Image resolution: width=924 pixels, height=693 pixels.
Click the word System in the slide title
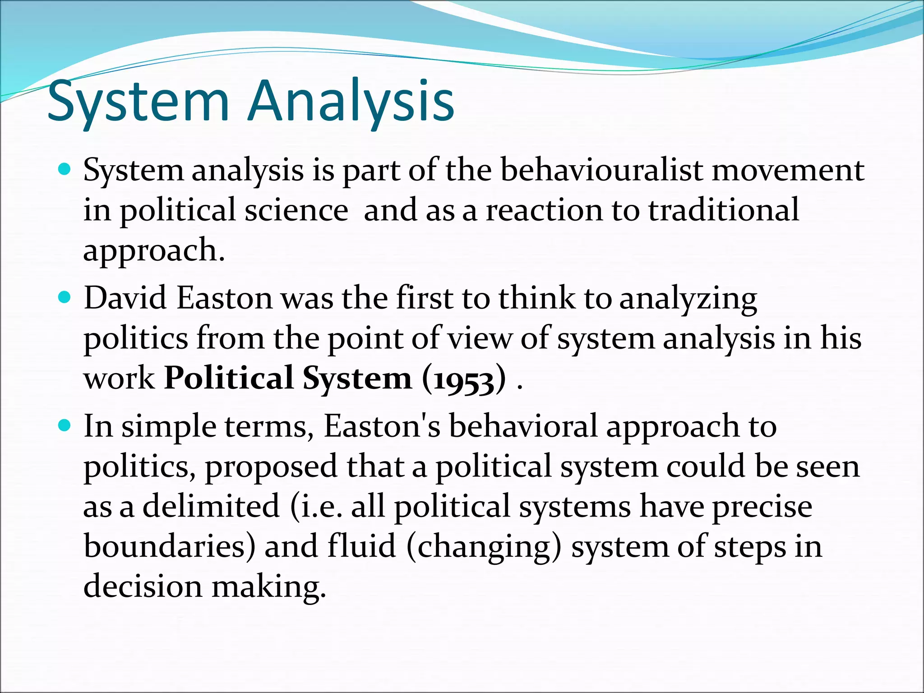pos(138,102)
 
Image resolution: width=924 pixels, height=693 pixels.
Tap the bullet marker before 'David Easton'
pos(65,298)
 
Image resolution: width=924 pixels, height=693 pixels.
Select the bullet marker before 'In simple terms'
pos(65,425)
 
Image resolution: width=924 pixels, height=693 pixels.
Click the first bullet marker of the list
pos(65,170)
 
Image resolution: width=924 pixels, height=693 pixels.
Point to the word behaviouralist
pos(602,171)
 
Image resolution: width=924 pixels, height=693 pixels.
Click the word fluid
pos(361,546)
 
